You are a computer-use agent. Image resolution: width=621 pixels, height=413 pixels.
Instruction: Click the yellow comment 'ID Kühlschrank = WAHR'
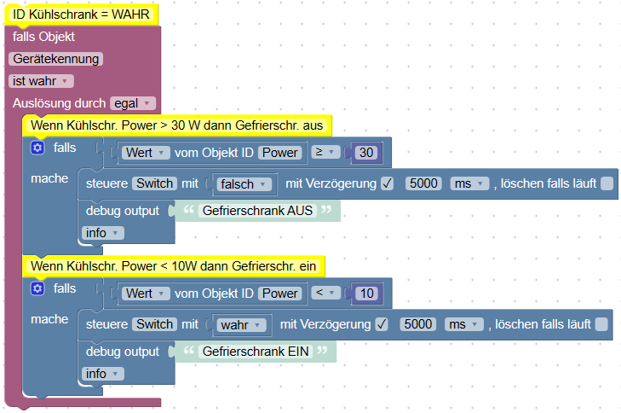83,15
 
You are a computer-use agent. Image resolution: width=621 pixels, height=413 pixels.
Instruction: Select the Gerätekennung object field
56,59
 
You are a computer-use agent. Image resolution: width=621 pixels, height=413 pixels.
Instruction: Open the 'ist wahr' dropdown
42,80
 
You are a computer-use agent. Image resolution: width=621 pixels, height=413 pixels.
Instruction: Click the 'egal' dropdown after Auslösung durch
133,103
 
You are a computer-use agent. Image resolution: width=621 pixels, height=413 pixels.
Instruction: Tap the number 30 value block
366,153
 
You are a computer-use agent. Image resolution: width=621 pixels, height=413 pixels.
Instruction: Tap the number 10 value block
366,294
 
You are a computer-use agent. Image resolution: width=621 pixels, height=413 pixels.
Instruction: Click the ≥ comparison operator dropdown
326,153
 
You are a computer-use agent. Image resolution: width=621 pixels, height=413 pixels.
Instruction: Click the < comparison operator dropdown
326,294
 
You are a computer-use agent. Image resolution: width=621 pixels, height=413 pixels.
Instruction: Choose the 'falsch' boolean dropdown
243,183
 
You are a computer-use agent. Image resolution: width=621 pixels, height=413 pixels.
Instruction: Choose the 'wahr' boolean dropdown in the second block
240,324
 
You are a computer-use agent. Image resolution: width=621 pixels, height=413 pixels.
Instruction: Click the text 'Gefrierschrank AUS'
256,210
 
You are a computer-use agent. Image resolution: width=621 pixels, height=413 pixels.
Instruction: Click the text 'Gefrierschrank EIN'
255,351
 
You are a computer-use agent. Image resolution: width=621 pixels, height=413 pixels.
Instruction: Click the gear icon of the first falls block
37,148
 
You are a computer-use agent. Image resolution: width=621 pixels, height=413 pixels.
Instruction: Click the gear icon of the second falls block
37,288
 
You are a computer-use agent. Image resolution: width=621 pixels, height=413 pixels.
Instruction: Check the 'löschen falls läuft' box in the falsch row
606,183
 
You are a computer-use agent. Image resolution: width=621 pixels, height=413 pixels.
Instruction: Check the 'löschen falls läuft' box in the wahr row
601,324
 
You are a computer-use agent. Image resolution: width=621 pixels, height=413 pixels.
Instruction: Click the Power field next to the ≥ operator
280,153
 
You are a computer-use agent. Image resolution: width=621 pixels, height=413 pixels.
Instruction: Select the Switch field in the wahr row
154,324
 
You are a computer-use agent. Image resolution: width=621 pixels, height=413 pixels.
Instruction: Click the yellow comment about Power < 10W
173,266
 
